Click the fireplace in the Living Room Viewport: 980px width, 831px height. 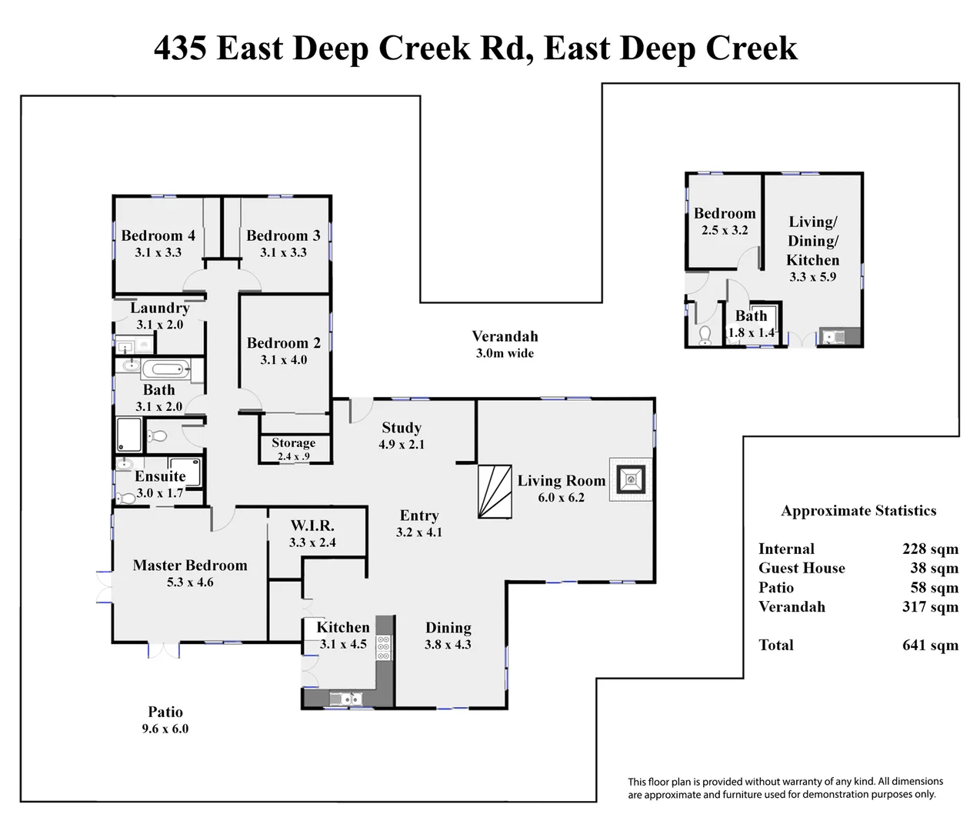(x=631, y=479)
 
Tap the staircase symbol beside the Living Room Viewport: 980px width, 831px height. (x=495, y=492)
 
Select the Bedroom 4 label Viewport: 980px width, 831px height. (x=158, y=235)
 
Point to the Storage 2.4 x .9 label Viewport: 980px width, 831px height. (x=294, y=449)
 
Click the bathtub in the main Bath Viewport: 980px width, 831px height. (x=165, y=368)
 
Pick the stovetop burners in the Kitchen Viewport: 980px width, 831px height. (x=384, y=648)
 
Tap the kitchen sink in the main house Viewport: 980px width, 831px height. (x=345, y=699)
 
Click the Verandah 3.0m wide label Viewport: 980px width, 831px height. (x=505, y=345)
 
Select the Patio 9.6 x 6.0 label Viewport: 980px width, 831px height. (x=165, y=719)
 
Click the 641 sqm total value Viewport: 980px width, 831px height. (x=930, y=645)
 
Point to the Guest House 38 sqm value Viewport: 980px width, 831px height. (x=934, y=568)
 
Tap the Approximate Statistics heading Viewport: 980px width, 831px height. (x=858, y=511)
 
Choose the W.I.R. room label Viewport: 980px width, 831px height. (x=312, y=525)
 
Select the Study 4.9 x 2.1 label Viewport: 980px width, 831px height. (x=402, y=436)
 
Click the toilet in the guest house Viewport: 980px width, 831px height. (x=705, y=335)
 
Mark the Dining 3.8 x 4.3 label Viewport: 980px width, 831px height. (x=448, y=636)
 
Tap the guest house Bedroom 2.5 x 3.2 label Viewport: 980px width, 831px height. (x=725, y=222)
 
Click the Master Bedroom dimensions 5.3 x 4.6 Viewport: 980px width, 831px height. (x=190, y=582)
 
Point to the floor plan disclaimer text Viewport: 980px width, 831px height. (x=785, y=788)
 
